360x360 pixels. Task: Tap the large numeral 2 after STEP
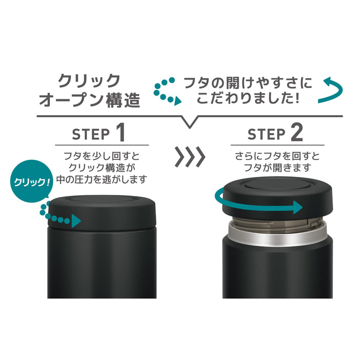click(297, 133)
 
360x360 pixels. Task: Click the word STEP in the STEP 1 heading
click(91, 135)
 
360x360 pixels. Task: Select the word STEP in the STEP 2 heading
click(266, 135)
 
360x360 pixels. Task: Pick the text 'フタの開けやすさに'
click(248, 82)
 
